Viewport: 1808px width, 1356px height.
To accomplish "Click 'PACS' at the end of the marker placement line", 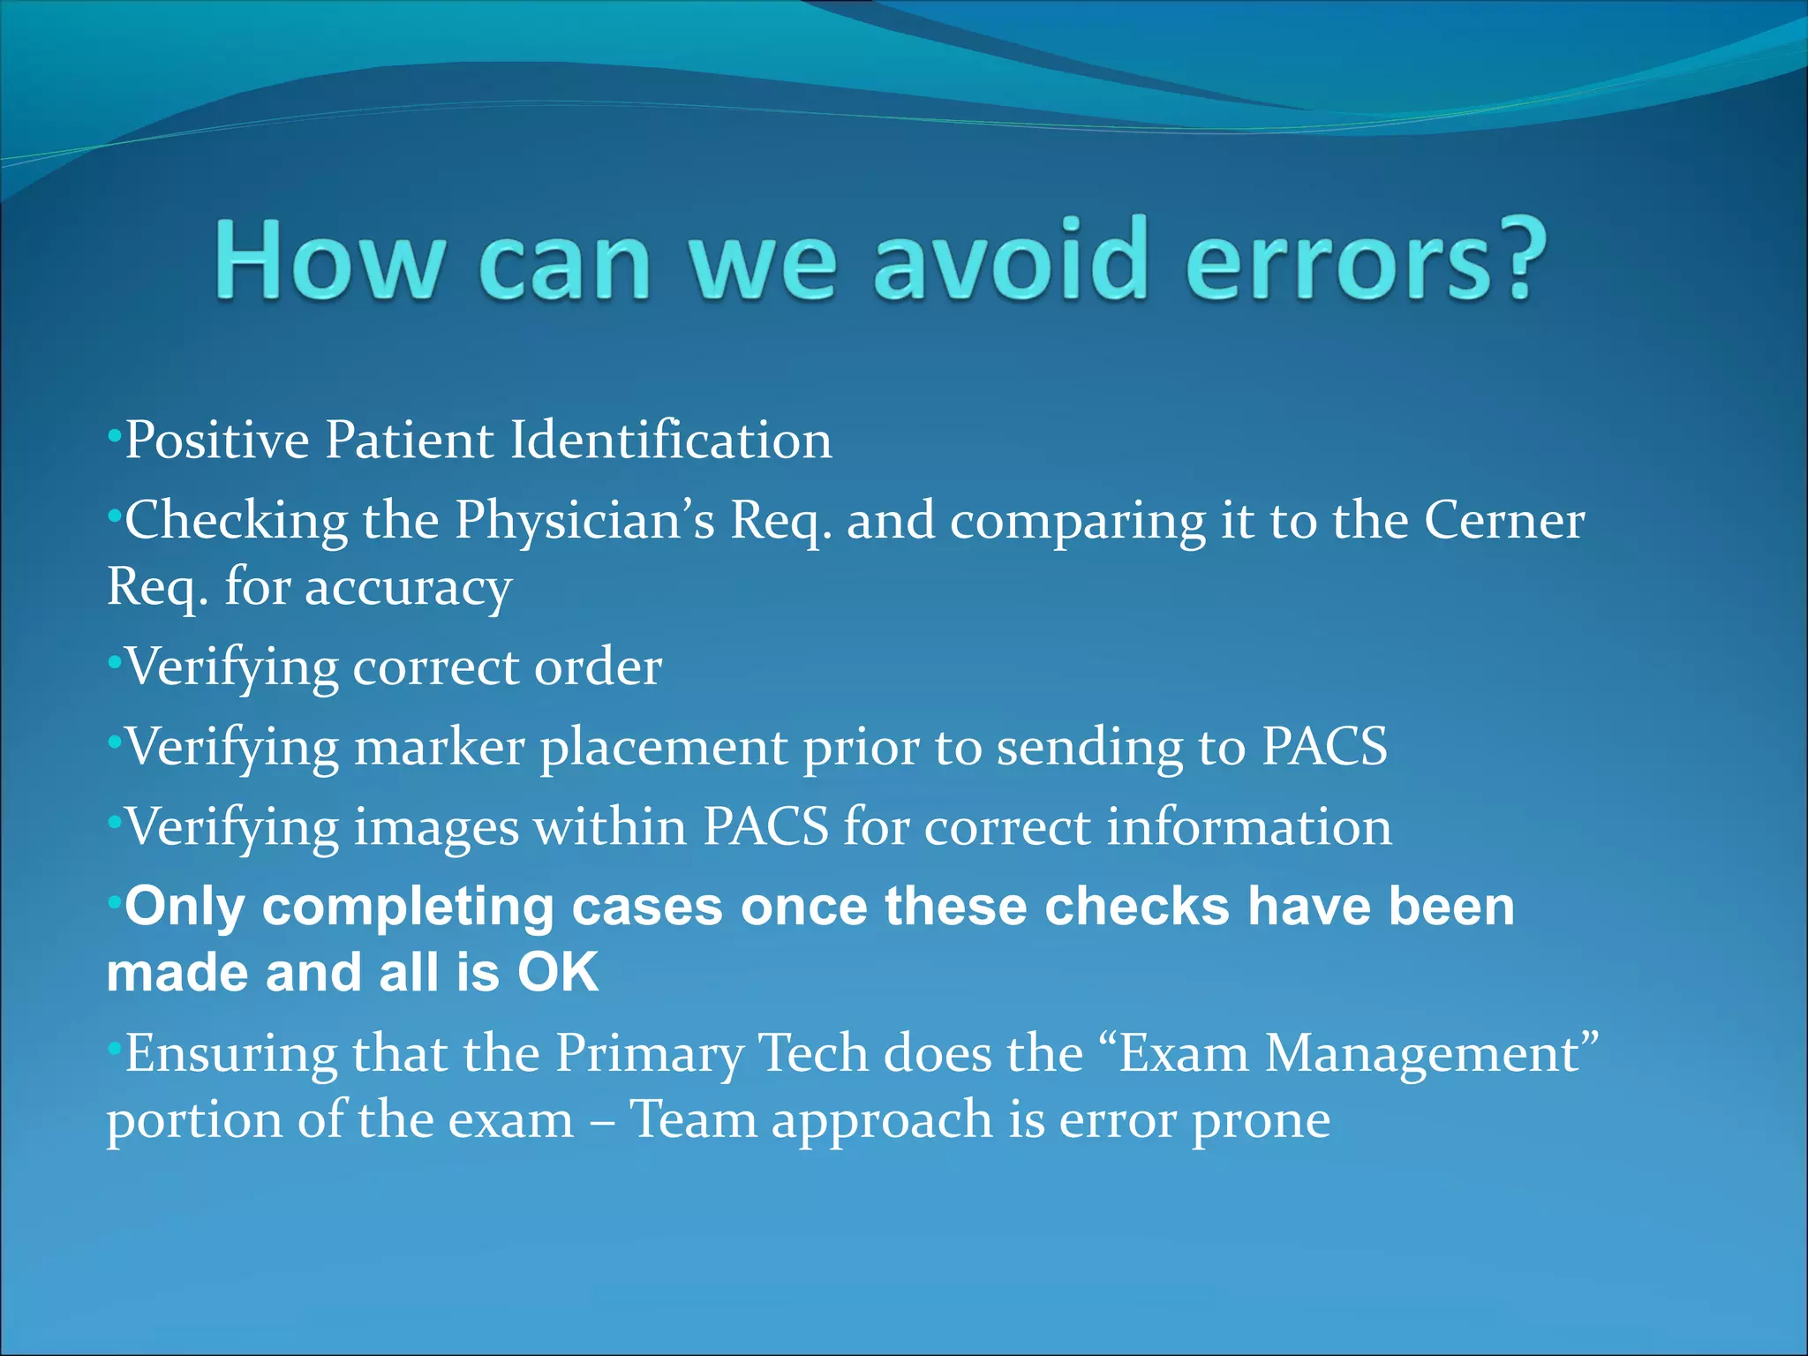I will [1323, 748].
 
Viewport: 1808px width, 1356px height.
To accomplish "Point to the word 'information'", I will [1248, 828].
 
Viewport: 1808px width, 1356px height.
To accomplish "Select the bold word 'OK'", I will [558, 973].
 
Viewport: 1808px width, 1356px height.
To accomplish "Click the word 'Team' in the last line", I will [693, 1120].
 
